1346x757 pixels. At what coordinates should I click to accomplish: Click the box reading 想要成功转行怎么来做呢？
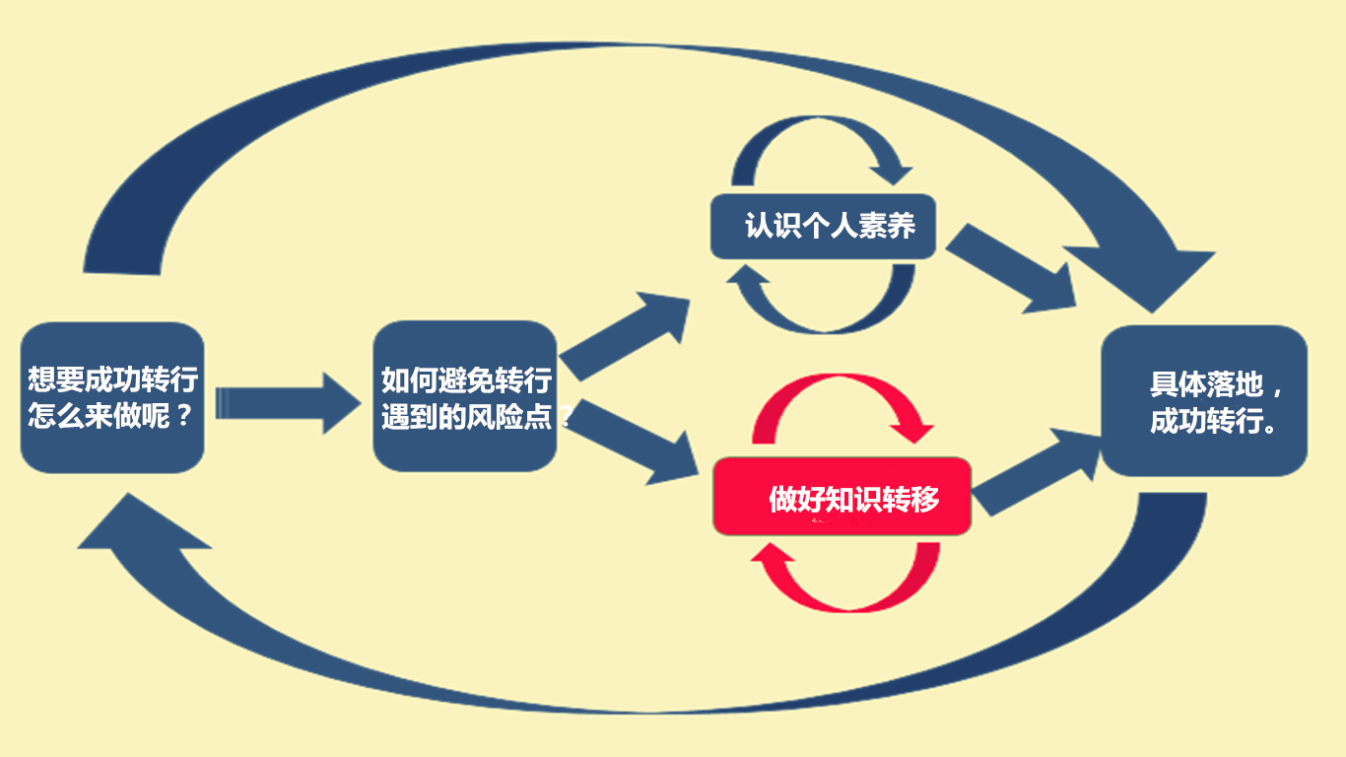tap(112, 397)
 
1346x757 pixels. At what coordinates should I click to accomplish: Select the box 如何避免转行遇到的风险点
tap(465, 396)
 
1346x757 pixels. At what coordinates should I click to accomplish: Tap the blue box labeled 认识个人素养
tap(823, 227)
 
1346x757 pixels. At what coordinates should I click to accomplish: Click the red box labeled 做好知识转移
tap(842, 497)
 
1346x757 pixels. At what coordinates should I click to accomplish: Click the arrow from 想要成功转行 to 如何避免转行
tap(286, 402)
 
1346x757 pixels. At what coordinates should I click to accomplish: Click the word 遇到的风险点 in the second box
tap(473, 415)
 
